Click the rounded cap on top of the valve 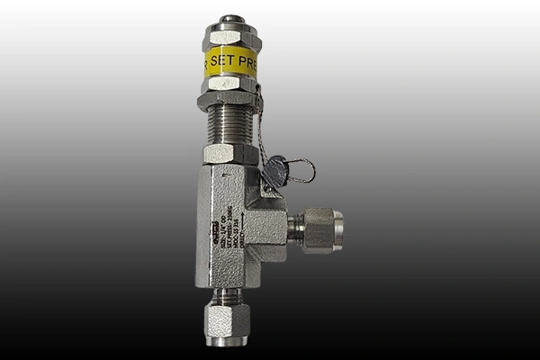232,19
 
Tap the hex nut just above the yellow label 232,38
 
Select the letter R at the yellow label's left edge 209,63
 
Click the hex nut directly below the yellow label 232,84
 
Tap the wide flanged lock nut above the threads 230,101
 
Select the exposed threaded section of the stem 230,126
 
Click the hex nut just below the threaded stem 230,154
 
